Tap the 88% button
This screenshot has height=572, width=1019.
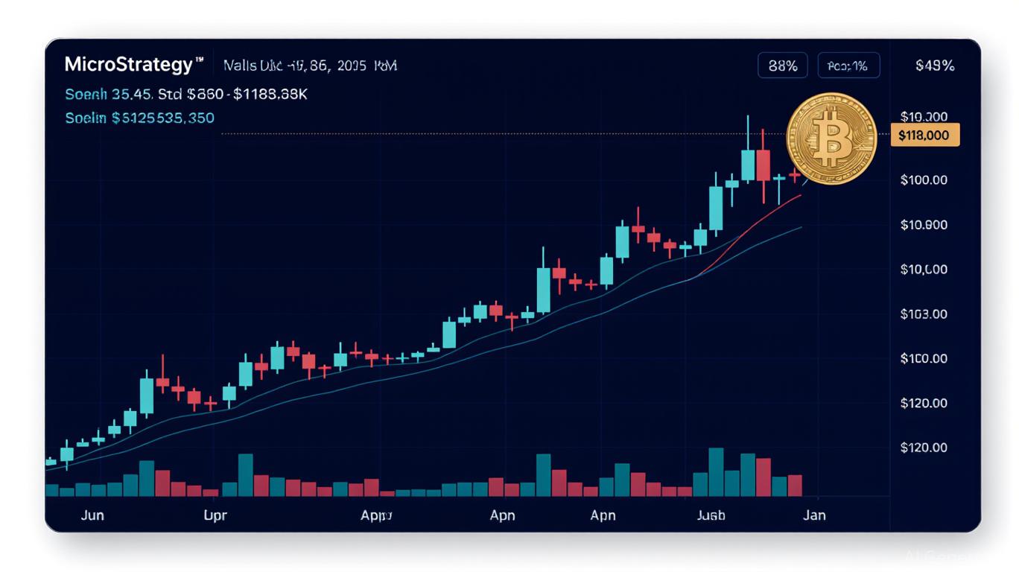point(782,66)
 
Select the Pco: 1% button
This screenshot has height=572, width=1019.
point(848,66)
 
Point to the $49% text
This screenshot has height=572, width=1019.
point(934,66)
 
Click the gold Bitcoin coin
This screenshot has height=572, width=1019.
point(831,139)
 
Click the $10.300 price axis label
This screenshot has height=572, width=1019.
point(924,116)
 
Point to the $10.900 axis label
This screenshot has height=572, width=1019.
point(924,224)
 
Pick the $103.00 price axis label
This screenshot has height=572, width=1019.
point(924,314)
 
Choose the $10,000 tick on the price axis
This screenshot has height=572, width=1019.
point(924,269)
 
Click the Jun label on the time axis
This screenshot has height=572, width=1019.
point(92,515)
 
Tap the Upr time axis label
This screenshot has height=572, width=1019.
point(215,515)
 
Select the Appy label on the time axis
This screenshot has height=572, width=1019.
point(376,515)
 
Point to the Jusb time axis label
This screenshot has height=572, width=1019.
point(711,515)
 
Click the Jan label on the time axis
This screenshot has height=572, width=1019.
point(814,515)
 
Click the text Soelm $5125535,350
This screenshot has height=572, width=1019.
point(139,118)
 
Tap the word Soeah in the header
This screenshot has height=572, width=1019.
point(86,95)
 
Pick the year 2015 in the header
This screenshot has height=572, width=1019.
point(352,66)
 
